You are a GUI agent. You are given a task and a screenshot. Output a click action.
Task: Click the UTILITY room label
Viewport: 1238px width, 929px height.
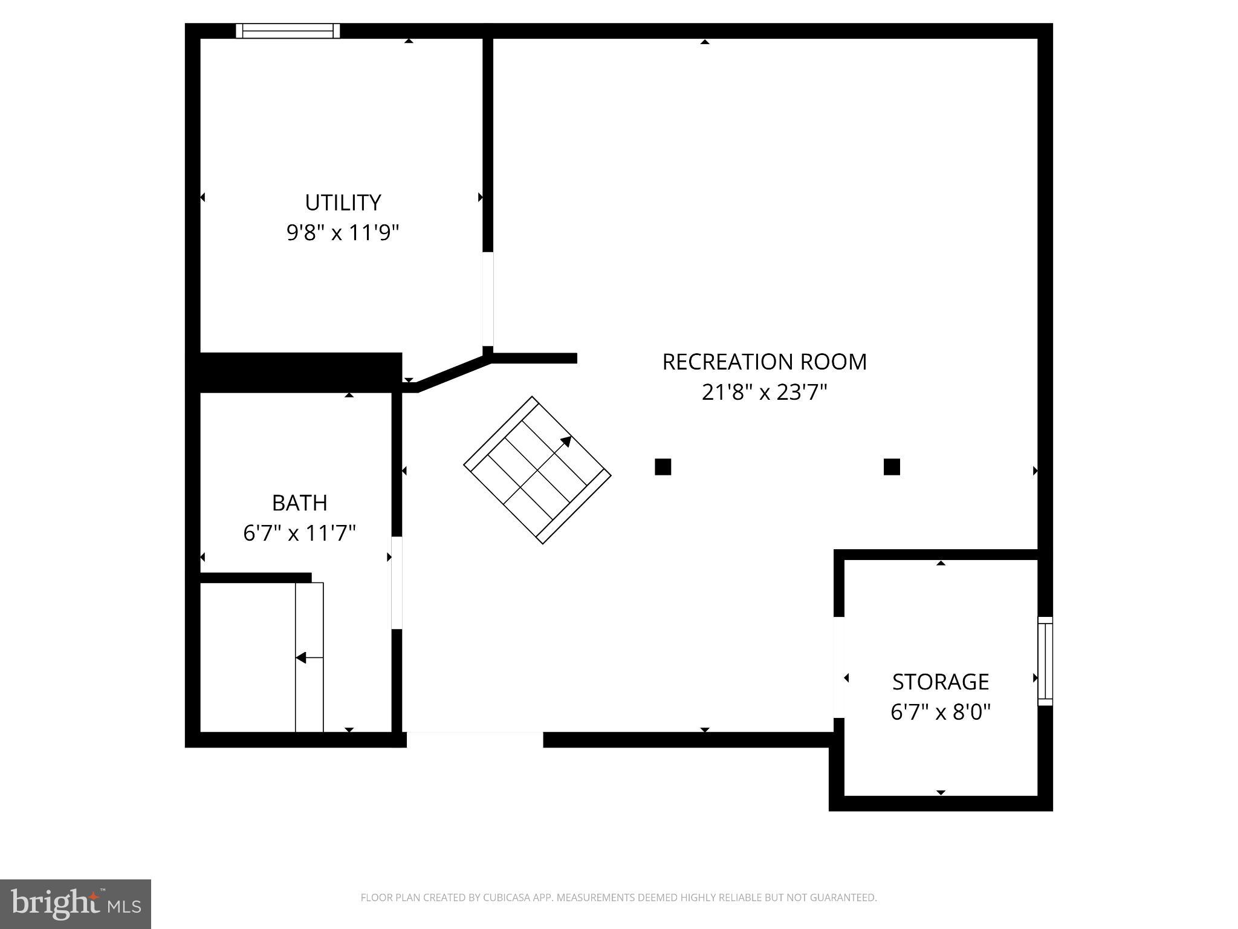point(343,203)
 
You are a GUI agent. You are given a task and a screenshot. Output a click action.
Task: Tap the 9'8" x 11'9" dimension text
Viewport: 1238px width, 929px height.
point(343,232)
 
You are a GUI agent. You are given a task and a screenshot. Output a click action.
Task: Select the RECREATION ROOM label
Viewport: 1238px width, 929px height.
point(764,362)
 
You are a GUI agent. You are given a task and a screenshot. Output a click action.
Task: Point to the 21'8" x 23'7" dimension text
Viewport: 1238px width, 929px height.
point(764,393)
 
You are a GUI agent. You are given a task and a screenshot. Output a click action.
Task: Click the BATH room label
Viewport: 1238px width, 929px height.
point(299,503)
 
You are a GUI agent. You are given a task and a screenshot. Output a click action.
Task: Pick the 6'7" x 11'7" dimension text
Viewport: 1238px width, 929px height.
point(299,533)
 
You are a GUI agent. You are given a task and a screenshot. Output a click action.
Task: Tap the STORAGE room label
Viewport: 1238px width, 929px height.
point(940,682)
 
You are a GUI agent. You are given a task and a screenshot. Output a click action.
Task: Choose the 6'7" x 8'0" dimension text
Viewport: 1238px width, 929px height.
point(940,712)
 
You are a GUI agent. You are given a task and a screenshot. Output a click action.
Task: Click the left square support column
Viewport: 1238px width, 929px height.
point(663,467)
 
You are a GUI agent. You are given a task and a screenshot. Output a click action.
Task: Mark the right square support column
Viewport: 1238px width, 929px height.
point(892,467)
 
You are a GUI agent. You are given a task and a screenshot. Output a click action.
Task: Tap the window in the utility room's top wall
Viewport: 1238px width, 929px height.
point(288,31)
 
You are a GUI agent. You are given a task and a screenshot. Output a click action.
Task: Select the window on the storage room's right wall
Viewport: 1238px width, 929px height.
point(1045,661)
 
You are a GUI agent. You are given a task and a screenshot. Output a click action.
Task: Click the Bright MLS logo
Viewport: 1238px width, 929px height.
point(76,904)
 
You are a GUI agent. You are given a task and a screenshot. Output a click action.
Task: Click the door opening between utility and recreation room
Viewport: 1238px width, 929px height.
point(488,299)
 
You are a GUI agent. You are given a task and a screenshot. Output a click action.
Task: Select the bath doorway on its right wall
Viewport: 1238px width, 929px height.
point(397,582)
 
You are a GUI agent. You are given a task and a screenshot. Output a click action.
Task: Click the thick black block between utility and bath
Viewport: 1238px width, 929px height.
point(300,371)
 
